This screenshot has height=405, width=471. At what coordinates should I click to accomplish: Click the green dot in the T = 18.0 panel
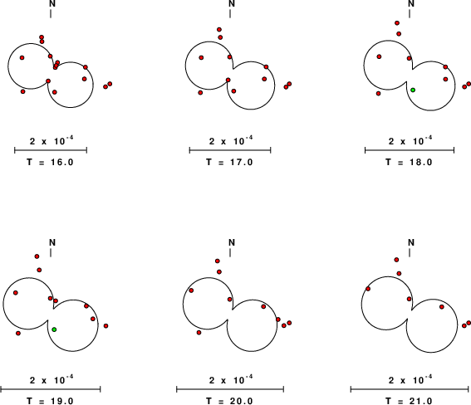pyautogui.click(x=413, y=90)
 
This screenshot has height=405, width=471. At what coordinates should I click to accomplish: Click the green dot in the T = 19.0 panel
pyautogui.click(x=54, y=329)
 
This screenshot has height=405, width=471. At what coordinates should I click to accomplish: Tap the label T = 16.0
pyautogui.click(x=50, y=163)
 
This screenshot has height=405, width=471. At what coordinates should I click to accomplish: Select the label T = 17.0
pyautogui.click(x=229, y=163)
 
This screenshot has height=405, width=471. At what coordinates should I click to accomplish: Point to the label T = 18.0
pyautogui.click(x=410, y=163)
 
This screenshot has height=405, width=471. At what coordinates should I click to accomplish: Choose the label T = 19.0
pyautogui.click(x=50, y=401)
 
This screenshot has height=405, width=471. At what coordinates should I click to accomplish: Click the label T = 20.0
pyautogui.click(x=229, y=401)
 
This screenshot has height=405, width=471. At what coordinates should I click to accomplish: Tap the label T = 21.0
pyautogui.click(x=410, y=401)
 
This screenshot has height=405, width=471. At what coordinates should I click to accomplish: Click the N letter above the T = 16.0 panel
pyautogui.click(x=52, y=3)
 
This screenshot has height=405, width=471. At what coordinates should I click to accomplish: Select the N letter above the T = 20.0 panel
pyautogui.click(x=232, y=242)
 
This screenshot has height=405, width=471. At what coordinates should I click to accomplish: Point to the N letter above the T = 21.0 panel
pyautogui.click(x=411, y=242)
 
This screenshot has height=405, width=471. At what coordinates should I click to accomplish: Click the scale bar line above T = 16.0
pyautogui.click(x=51, y=150)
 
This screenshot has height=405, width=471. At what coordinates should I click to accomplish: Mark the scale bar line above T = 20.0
pyautogui.click(x=230, y=389)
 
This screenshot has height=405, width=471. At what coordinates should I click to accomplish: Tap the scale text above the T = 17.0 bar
pyautogui.click(x=231, y=140)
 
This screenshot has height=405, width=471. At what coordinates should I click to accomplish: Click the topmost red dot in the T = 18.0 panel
pyautogui.click(x=397, y=23)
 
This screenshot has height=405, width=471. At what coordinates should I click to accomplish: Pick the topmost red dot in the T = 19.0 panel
pyautogui.click(x=37, y=256)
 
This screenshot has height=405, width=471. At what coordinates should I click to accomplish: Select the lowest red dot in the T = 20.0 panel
pyautogui.click(x=199, y=333)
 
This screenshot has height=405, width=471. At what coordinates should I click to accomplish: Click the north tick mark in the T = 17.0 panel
pyautogui.click(x=230, y=13)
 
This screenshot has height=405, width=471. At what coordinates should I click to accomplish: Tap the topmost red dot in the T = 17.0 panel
pyautogui.click(x=219, y=30)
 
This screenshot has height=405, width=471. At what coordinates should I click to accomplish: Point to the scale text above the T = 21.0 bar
pyautogui.click(x=410, y=380)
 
